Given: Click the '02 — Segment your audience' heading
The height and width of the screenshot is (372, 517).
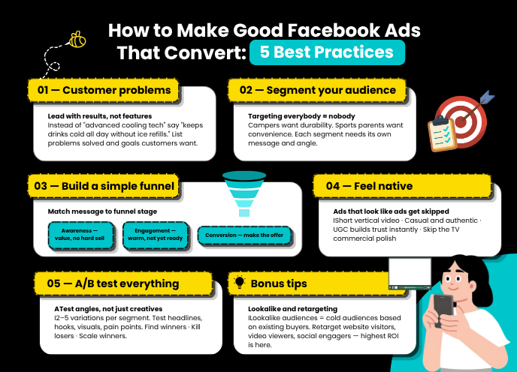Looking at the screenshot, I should [317, 91].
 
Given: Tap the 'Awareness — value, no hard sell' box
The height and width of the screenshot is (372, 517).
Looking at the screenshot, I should [80, 236].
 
